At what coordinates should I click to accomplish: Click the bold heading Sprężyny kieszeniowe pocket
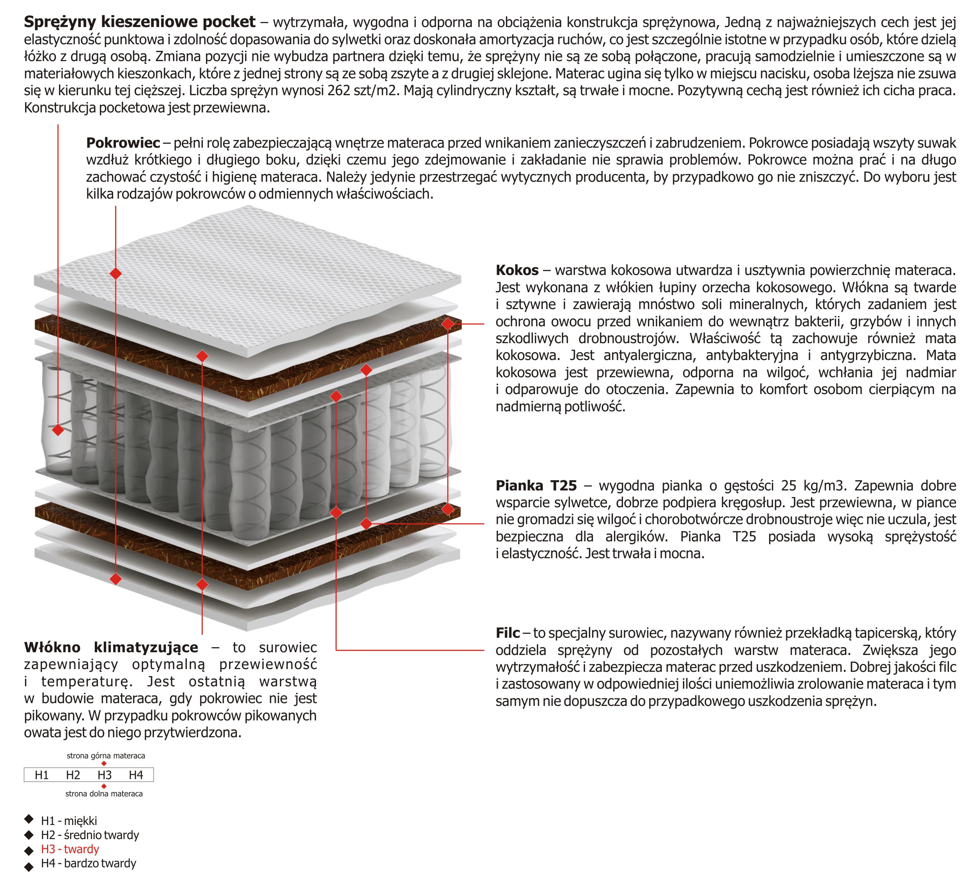[x=139, y=22]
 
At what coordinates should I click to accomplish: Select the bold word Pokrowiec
[x=123, y=142]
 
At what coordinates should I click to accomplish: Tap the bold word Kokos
[x=517, y=270]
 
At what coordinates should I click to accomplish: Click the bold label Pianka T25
[x=536, y=485]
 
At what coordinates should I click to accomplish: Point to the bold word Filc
[x=508, y=633]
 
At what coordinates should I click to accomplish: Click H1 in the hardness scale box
[x=42, y=775]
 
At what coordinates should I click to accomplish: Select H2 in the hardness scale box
[x=73, y=775]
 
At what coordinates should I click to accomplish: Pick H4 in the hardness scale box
[x=136, y=775]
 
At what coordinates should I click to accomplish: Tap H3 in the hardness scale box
[x=105, y=775]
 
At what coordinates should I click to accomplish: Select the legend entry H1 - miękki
[x=69, y=821]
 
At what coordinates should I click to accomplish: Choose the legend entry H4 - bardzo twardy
[x=89, y=863]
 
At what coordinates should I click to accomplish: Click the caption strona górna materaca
[x=106, y=756]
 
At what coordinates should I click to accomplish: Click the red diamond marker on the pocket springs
[x=58, y=430]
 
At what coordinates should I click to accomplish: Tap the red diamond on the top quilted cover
[x=116, y=273]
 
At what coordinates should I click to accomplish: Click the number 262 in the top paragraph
[x=339, y=90]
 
